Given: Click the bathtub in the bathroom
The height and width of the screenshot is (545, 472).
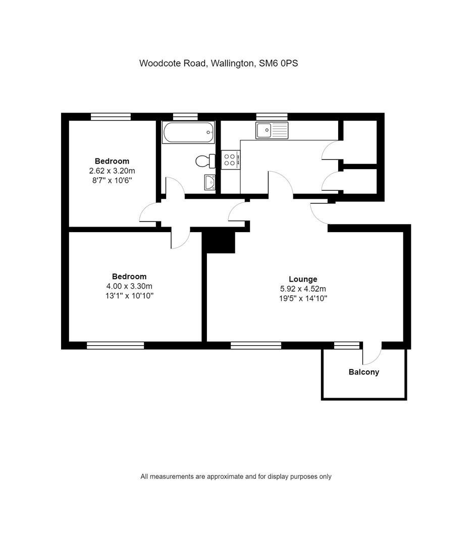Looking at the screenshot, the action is coord(188,132).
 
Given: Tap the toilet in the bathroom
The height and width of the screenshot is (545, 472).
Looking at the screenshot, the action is coord(205,161).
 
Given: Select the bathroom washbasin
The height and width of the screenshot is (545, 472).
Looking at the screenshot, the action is coord(209,183).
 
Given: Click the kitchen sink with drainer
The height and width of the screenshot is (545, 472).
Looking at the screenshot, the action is coord(272,130).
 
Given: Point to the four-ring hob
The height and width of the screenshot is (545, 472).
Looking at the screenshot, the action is coord(231,159).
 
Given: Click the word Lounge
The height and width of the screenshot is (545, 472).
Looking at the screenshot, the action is coord(303,279).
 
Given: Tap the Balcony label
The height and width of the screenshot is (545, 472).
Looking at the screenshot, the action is coord(364,372).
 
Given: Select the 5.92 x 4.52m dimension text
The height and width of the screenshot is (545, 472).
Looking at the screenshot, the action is coord(303,289).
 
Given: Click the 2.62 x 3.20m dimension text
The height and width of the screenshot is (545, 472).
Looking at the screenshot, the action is coord(112,171).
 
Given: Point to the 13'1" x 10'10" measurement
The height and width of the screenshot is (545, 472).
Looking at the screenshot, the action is coord(129,296).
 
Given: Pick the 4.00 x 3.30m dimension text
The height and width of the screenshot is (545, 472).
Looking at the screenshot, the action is coord(129,287).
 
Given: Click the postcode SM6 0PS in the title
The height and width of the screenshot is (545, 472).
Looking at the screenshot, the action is coord(279,63).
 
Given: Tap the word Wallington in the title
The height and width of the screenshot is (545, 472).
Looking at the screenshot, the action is coord(232,63).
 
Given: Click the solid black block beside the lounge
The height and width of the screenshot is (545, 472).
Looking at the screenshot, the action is coord(219,242).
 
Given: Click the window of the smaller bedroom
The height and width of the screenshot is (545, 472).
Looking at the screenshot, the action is coord(111,117).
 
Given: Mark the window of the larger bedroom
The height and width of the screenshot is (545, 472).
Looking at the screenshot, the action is coord(115,345).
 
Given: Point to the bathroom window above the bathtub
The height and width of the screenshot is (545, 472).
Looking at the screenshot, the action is coord(185,117).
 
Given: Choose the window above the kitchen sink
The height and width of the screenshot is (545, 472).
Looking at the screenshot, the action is coord(272,117).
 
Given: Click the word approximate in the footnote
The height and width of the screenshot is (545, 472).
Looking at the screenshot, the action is coord(225,476).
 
